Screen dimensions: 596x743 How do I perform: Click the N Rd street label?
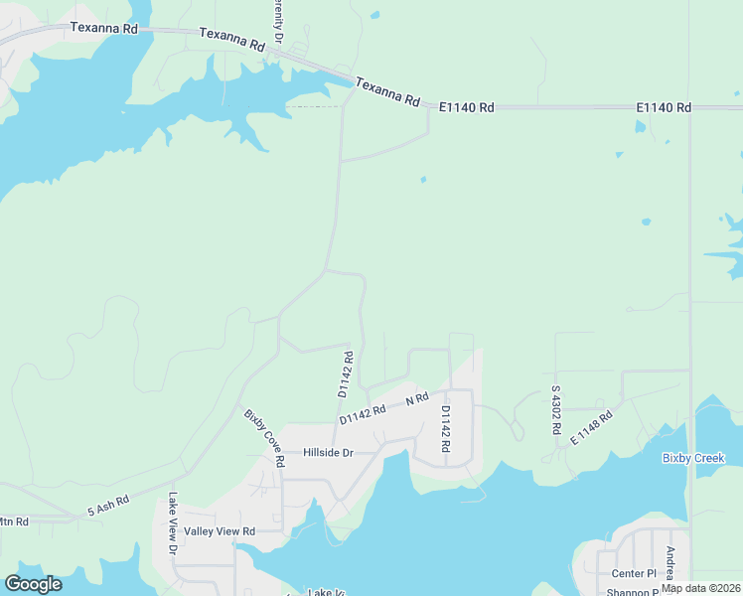coord(417,398)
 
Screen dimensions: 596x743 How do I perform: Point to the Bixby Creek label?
coord(694,458)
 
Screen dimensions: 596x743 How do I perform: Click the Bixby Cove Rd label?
coord(264,437)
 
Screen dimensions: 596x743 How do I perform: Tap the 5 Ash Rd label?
coord(108,506)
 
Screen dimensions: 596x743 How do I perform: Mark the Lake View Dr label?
coord(173,523)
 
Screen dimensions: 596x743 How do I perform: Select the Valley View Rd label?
coord(220,531)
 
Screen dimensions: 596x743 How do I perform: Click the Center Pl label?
coord(635,573)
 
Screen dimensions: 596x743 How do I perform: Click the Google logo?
coord(33,584)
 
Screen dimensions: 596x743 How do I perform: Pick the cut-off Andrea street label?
coord(671,563)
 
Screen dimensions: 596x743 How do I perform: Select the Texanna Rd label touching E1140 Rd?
coord(387,92)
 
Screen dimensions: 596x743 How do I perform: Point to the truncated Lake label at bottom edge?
coord(326,592)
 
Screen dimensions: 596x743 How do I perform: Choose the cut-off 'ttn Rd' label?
coord(14,521)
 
